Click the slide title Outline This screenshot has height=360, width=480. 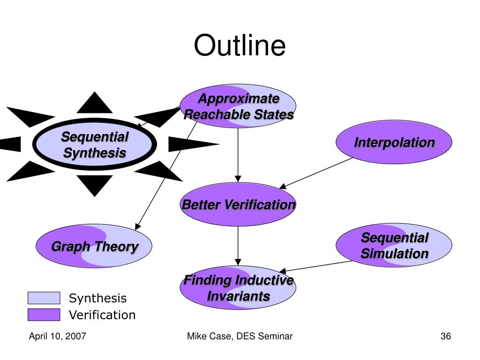240,45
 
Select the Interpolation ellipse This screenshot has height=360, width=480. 394,142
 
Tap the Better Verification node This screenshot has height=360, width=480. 238,204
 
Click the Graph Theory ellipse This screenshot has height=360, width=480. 94,246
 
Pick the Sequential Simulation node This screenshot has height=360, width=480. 394,245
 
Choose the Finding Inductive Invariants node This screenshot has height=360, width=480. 238,287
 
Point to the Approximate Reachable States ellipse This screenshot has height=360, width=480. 238,106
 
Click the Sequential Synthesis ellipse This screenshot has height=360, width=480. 95,144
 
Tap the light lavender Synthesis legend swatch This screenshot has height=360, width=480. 44,298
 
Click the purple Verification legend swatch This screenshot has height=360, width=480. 44,315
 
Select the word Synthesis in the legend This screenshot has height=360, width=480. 97,298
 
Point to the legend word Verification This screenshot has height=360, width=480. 102,315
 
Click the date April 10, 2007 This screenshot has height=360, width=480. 58,336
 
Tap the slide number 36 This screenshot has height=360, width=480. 446,336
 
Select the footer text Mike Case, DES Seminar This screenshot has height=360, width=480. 240,336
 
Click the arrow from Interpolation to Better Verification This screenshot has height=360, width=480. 316,173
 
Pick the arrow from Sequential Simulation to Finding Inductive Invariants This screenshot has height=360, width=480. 316,266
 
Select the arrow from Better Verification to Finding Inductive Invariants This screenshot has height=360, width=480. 238,246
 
